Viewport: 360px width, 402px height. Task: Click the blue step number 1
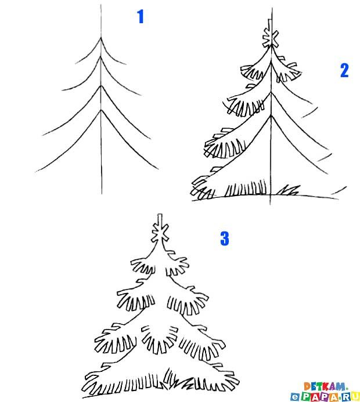pyautogui.click(x=140, y=17)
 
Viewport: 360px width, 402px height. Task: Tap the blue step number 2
pyautogui.click(x=344, y=71)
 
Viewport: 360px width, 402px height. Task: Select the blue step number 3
pyautogui.click(x=225, y=238)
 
